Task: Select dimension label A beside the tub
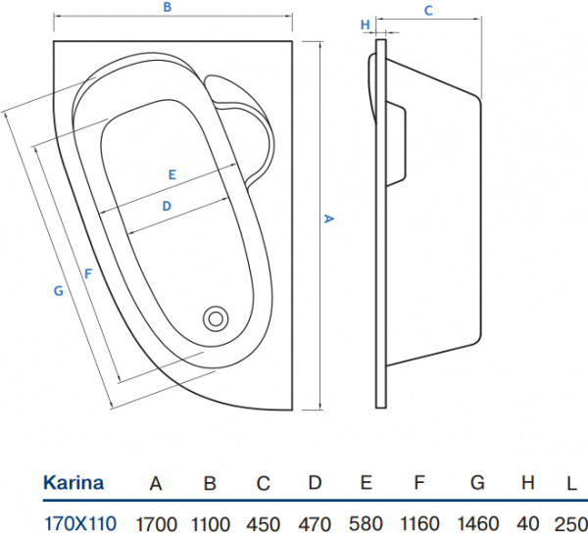(330, 219)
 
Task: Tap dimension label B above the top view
(168, 8)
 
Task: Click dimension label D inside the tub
(167, 206)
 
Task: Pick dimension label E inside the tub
(171, 174)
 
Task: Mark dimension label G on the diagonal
(58, 290)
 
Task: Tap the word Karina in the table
(73, 483)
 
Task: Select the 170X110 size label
(78, 522)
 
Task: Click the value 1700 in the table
(155, 522)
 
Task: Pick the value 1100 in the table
(209, 522)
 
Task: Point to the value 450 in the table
(264, 522)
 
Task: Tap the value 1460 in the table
(477, 522)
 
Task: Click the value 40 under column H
(527, 522)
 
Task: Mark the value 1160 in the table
(420, 522)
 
